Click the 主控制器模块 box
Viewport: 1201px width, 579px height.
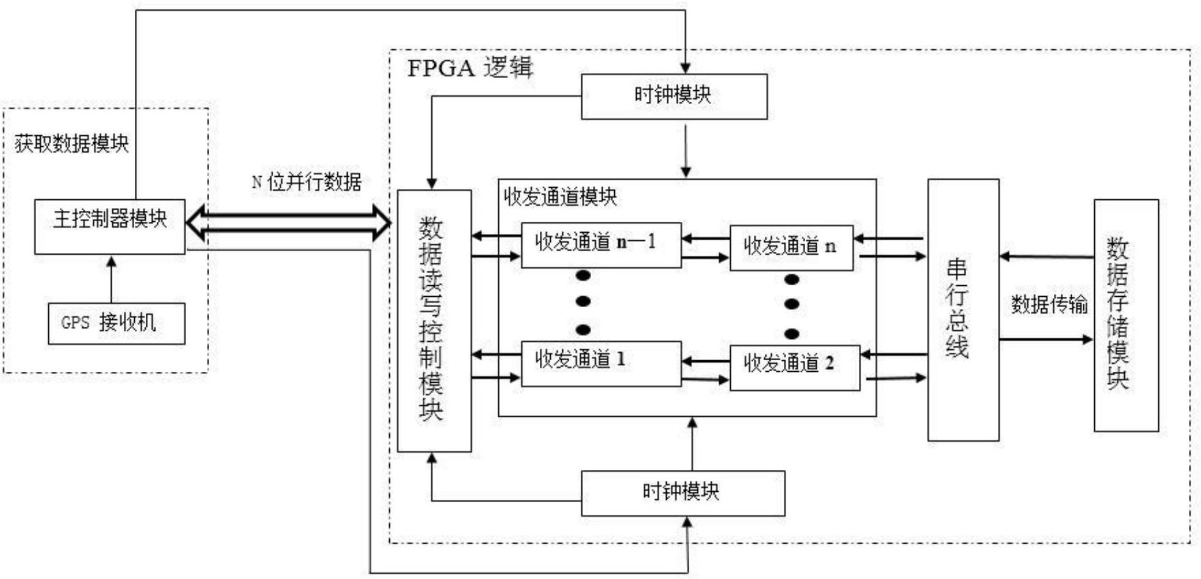click(x=110, y=226)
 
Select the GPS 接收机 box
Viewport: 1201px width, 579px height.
click(x=117, y=323)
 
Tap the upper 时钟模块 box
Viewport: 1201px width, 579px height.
click(x=673, y=96)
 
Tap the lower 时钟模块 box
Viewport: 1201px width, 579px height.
click(x=683, y=493)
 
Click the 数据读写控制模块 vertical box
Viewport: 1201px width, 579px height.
click(x=434, y=321)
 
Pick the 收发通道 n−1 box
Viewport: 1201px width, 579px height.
click(x=601, y=245)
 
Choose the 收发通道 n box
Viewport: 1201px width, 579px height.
click(x=791, y=247)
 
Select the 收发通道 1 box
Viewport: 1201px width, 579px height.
click(x=601, y=363)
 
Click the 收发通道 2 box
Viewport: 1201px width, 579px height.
click(x=795, y=368)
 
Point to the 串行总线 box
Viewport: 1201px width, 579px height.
click(x=963, y=310)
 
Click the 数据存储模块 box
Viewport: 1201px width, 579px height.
click(x=1125, y=315)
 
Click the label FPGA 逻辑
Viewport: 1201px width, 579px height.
click(x=470, y=68)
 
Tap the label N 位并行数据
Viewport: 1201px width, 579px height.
click(x=307, y=182)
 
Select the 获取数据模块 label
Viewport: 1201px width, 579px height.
click(x=71, y=144)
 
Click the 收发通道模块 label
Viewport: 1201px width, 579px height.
click(x=560, y=197)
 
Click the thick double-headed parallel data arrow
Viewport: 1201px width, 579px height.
click(x=288, y=222)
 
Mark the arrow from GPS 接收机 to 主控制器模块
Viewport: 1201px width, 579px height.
click(x=111, y=279)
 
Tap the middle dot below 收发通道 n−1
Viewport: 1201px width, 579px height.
click(x=583, y=301)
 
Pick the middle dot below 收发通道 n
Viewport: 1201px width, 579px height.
click(x=792, y=304)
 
